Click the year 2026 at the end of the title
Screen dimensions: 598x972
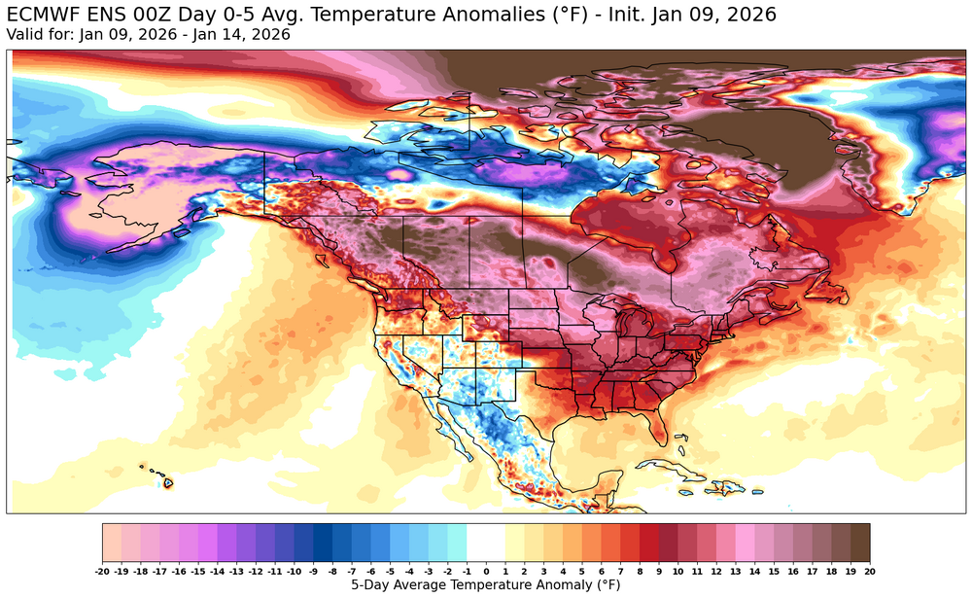click(750, 16)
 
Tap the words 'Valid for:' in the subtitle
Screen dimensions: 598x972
click(37, 35)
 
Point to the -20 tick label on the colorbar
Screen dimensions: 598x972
click(103, 573)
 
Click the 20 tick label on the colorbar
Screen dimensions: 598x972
click(869, 573)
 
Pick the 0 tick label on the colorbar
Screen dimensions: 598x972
click(486, 573)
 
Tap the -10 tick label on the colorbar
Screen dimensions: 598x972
click(295, 573)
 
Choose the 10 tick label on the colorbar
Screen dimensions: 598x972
click(677, 573)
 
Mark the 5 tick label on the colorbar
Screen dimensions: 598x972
click(582, 573)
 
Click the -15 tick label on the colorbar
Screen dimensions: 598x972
click(198, 573)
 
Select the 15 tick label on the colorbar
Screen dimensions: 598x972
click(774, 573)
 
